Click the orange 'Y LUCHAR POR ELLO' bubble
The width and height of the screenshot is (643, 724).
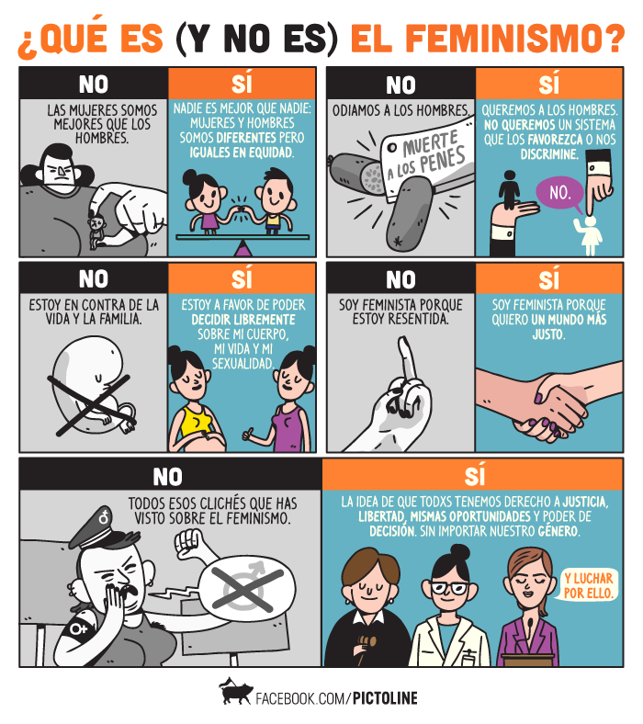click(589, 585)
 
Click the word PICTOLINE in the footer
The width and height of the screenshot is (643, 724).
click(385, 698)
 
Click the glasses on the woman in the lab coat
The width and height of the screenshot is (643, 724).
click(449, 588)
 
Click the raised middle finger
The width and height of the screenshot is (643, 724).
click(406, 357)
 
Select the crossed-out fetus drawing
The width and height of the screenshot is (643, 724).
click(93, 386)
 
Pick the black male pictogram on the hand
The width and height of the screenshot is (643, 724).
click(510, 189)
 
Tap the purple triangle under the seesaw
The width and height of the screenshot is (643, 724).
click(243, 248)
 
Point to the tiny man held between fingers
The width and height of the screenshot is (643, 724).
click(97, 231)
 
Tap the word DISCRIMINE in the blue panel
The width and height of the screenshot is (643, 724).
click(549, 154)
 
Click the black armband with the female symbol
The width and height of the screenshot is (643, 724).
click(79, 625)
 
